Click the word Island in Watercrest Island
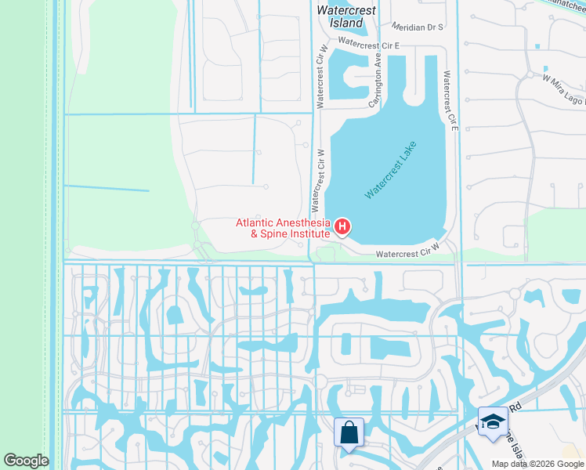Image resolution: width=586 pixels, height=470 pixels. (346, 23)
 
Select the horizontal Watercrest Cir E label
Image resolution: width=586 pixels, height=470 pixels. (369, 45)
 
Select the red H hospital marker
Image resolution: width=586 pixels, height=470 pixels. (342, 227)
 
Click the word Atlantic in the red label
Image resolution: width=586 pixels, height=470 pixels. (257, 222)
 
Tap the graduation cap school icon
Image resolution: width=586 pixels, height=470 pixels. (492, 421)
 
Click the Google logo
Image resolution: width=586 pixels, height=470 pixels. (25, 461)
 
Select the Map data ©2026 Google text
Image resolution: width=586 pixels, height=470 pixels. (537, 464)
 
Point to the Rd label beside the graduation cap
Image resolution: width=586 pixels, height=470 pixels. (515, 407)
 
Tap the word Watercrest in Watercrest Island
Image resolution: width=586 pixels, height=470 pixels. (346, 11)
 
